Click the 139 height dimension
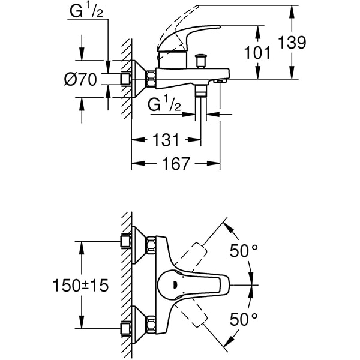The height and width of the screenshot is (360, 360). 293,43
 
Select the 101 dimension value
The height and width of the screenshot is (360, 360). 257,53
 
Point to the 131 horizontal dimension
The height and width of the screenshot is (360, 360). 166,140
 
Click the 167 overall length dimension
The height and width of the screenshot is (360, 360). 176,163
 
